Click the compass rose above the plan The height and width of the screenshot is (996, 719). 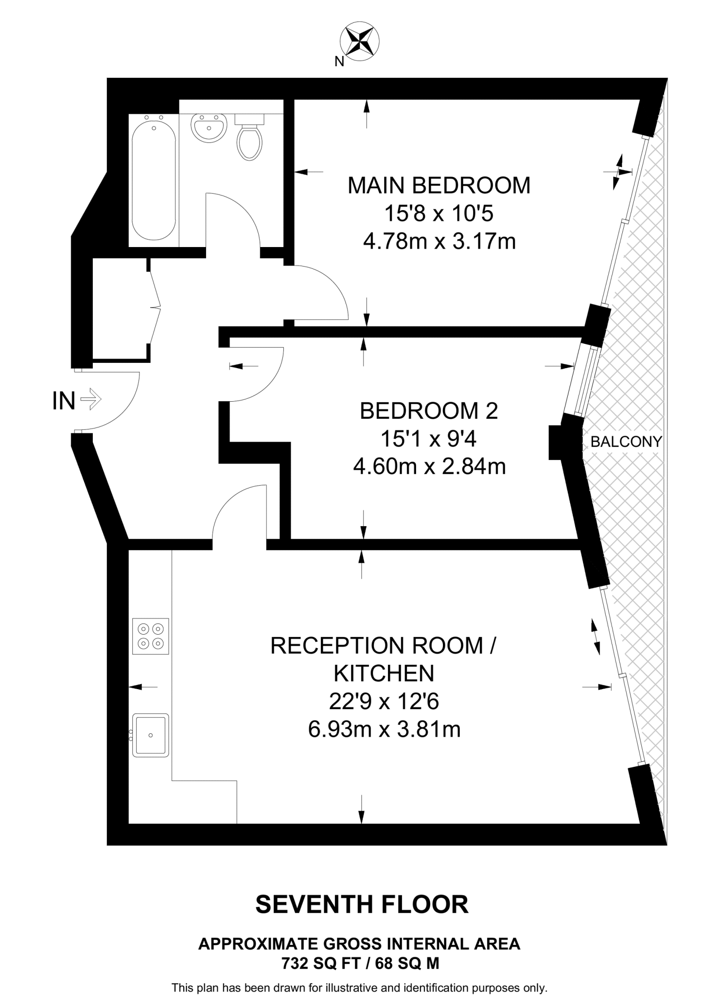coord(359,41)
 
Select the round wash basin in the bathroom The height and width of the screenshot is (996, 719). coord(209,128)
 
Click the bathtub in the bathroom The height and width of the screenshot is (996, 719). coord(154,180)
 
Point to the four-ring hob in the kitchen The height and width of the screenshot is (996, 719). coord(150,636)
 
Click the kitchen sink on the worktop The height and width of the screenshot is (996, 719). coord(150,735)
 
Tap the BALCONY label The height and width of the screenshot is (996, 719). coord(626,442)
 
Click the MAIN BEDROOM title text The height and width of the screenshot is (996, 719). coord(438,186)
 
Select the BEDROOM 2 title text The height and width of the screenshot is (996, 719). coord(429,411)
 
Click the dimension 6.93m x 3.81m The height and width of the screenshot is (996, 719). coord(384,729)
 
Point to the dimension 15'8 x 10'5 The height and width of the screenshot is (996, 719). coord(438,213)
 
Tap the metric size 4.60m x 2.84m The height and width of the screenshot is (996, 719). coord(429,467)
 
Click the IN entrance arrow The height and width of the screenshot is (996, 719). coord(90,400)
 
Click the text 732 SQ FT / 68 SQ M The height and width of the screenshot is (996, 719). coord(360,963)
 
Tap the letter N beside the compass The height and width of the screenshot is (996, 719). coord(339,62)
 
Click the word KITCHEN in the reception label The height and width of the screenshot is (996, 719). coord(384,674)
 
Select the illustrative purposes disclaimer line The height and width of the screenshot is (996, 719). coord(359,988)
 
